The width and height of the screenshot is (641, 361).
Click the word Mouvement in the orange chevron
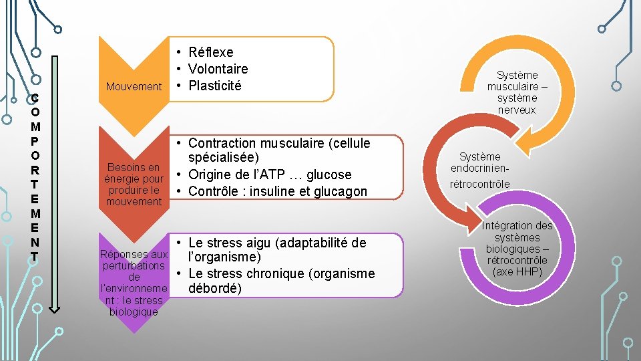[x=134, y=86]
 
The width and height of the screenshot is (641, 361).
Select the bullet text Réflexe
[x=211, y=52]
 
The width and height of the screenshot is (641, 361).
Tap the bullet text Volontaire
[x=218, y=69]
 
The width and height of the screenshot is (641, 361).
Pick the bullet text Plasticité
[x=215, y=86]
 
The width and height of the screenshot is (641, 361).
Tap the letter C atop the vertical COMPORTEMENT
[x=35, y=98]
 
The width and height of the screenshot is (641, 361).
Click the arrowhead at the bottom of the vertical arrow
[x=55, y=308]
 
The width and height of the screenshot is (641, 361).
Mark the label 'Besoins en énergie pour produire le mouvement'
[x=134, y=185]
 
